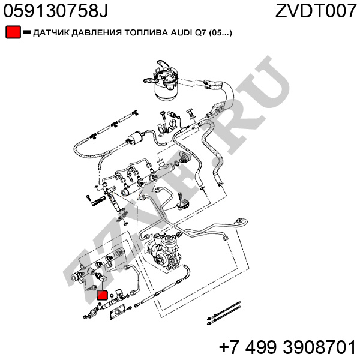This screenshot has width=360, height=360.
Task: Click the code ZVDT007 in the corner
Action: [x=316, y=10]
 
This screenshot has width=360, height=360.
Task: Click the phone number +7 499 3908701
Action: [x=287, y=347]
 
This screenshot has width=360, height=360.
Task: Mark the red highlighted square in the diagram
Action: [x=102, y=295]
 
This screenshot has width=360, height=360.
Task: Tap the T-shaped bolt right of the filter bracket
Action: [x=189, y=113]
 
